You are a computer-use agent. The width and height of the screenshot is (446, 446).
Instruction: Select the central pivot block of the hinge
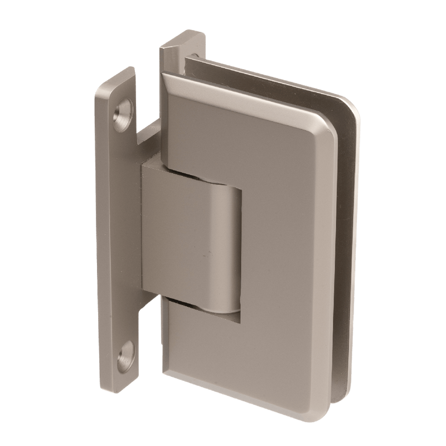[184, 245]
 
